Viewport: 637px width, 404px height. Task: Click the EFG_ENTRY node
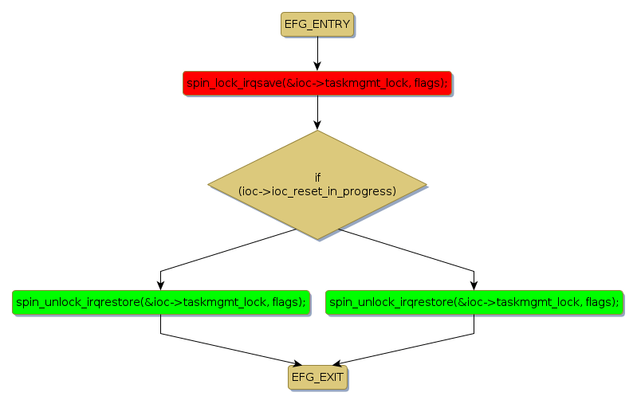click(317, 24)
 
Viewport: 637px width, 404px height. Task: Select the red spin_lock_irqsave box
click(317, 83)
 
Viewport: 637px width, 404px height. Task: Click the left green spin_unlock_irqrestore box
click(160, 302)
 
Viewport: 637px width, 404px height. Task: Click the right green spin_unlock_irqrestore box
click(474, 302)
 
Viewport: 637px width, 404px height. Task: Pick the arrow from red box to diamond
click(317, 112)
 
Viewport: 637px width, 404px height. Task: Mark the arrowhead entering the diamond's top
click(317, 125)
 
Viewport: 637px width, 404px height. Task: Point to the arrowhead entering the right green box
click(474, 284)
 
